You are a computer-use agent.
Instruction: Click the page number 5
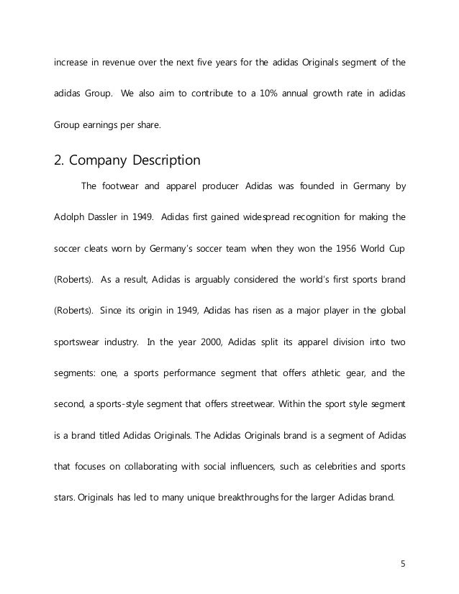pos(402,562)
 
